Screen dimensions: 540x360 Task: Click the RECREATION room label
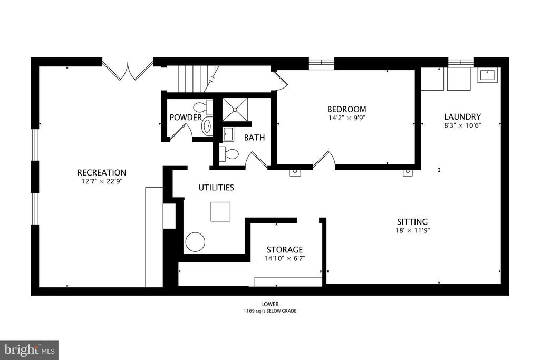(102, 172)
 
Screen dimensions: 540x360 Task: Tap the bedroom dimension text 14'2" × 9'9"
(346, 118)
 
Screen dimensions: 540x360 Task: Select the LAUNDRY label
(462, 116)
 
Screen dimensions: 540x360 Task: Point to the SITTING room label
(412, 222)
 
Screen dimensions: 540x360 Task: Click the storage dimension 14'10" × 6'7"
(285, 258)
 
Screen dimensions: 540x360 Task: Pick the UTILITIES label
(216, 188)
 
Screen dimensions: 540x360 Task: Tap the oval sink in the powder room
(207, 127)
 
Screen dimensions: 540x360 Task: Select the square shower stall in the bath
(235, 110)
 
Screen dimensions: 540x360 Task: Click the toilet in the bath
(228, 154)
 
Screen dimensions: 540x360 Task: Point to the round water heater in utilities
(195, 241)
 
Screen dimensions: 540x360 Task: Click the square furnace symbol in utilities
(220, 212)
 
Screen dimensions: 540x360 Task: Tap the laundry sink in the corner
(487, 75)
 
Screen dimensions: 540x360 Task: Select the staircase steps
(199, 79)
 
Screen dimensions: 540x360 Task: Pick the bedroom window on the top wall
(321, 64)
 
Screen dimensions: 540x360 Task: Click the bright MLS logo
(30, 351)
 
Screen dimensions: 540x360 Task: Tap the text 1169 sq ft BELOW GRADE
(270, 311)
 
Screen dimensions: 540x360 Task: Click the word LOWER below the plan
(270, 304)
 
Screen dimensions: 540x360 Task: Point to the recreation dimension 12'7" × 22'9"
(102, 181)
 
